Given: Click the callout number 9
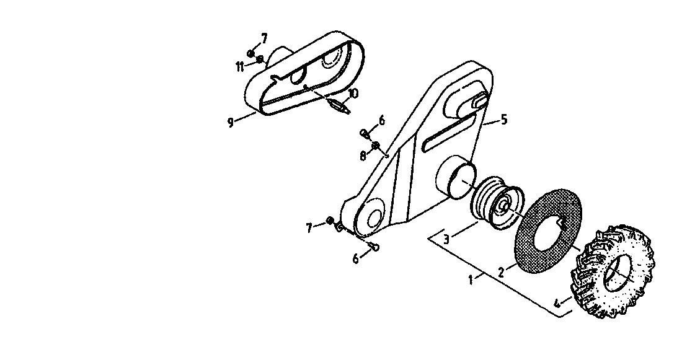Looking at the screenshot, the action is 231,122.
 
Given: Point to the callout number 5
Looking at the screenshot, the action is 503,119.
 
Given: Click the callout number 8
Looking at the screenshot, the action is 363,156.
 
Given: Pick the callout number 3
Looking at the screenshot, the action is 446,239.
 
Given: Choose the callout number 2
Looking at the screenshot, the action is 502,273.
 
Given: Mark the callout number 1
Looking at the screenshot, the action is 471,279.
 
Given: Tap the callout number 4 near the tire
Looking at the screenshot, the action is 558,302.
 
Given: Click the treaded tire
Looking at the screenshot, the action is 612,272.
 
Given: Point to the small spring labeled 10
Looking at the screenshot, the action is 339,106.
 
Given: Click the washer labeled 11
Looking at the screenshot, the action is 260,59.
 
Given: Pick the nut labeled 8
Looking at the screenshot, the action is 376,145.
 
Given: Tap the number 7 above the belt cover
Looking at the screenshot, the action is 264,38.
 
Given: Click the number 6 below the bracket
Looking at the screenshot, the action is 356,259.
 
